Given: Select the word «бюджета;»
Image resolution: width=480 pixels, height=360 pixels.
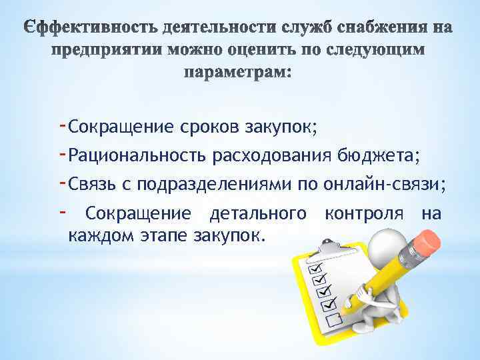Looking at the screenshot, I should point(377,156).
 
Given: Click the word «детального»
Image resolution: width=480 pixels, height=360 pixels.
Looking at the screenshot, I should point(259,214).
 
